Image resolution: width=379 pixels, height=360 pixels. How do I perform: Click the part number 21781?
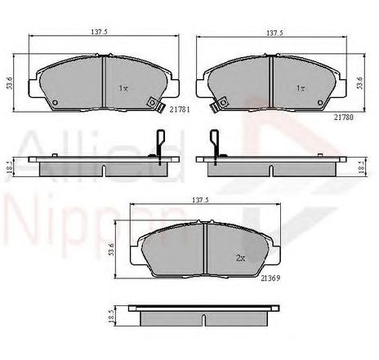point(180,109)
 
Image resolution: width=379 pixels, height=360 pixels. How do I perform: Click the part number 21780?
point(344,118)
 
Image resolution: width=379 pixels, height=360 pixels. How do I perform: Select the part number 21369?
point(270,278)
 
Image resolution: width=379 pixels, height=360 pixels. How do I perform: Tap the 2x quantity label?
point(240,258)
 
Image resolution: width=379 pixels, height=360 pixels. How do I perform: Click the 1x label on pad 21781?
point(123,88)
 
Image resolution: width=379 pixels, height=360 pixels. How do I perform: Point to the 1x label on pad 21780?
point(301,88)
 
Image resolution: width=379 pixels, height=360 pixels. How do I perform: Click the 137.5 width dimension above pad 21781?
point(100,32)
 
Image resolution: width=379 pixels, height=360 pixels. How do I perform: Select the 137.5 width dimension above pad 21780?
point(274,33)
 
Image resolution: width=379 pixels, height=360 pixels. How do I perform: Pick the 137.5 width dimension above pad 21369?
point(200,200)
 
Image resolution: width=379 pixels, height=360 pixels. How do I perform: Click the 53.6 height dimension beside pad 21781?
point(10,83)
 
